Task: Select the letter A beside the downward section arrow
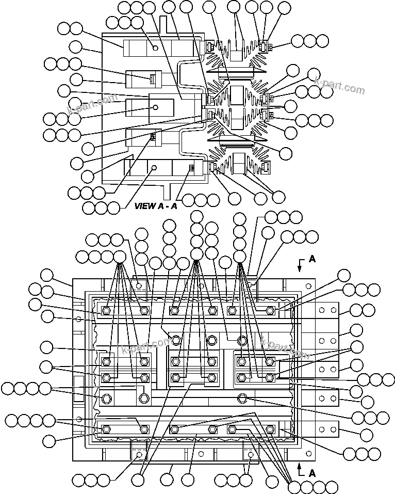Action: point(311,260)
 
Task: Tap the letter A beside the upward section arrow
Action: point(311,472)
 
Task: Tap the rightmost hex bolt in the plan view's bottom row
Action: point(270,429)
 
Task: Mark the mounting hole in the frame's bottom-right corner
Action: point(308,454)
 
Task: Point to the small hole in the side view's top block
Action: point(156,48)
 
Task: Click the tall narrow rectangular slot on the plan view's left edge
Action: point(78,389)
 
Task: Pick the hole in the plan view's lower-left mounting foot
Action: point(139,454)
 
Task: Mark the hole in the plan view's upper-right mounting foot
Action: point(251,284)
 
